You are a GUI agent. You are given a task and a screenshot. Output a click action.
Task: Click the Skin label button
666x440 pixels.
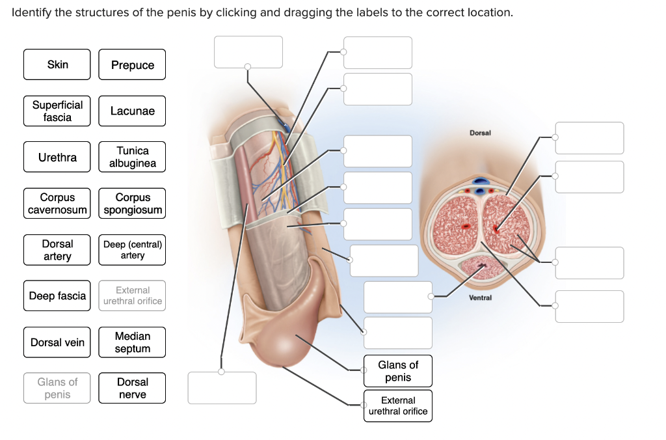(57, 64)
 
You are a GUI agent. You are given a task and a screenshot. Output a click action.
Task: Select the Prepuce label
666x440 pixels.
(132, 64)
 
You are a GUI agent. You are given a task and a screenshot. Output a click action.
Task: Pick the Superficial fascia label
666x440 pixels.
(57, 111)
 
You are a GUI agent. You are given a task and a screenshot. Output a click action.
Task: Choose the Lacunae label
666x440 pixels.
(132, 111)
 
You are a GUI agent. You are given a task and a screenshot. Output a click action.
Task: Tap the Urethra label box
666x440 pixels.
(57, 157)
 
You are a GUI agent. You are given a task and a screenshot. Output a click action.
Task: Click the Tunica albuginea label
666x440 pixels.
(132, 157)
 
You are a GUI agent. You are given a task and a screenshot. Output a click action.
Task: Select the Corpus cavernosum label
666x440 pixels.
(57, 203)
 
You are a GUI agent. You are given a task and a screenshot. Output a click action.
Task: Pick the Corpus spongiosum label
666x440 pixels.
(132, 203)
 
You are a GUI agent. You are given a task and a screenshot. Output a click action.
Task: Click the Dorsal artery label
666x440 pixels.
(57, 250)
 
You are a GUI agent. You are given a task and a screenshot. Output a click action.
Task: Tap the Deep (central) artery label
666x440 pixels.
(132, 250)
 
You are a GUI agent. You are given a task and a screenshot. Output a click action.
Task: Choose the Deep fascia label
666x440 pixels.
(57, 296)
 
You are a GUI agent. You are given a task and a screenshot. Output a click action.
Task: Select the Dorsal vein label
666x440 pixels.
(57, 342)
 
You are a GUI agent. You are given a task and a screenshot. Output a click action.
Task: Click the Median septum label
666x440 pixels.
(132, 342)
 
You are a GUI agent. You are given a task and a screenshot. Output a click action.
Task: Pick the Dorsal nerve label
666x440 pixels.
(132, 388)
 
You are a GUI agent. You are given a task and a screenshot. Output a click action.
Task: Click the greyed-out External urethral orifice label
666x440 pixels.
(132, 296)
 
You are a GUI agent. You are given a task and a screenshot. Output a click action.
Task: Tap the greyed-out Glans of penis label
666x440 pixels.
(57, 388)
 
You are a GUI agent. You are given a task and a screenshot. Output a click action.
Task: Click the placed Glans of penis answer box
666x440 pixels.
(398, 371)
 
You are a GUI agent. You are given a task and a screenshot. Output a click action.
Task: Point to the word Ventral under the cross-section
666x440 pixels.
(480, 297)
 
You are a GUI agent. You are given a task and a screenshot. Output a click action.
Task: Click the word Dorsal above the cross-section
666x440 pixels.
(480, 133)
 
